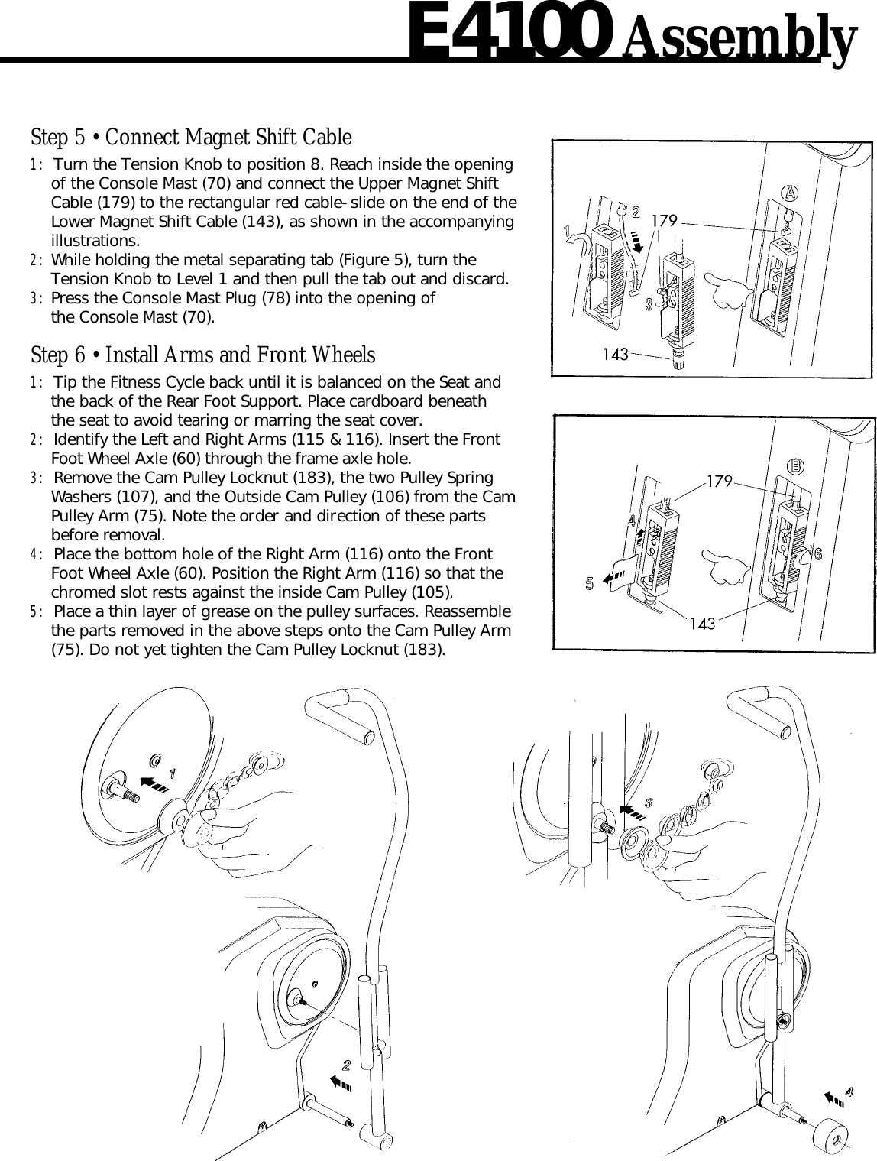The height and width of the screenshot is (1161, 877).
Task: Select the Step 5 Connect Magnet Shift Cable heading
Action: pyautogui.click(x=191, y=138)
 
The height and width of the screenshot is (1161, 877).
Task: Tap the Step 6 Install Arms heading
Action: pyautogui.click(x=202, y=355)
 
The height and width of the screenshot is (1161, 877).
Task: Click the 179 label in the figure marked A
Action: pyautogui.click(x=664, y=221)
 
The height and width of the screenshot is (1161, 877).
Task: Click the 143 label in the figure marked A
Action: pyautogui.click(x=615, y=354)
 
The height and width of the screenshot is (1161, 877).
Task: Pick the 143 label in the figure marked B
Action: pyautogui.click(x=702, y=623)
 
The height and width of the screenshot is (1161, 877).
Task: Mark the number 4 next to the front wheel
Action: pyautogui.click(x=848, y=1088)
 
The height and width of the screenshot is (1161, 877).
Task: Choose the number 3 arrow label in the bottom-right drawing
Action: pyautogui.click(x=649, y=803)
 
